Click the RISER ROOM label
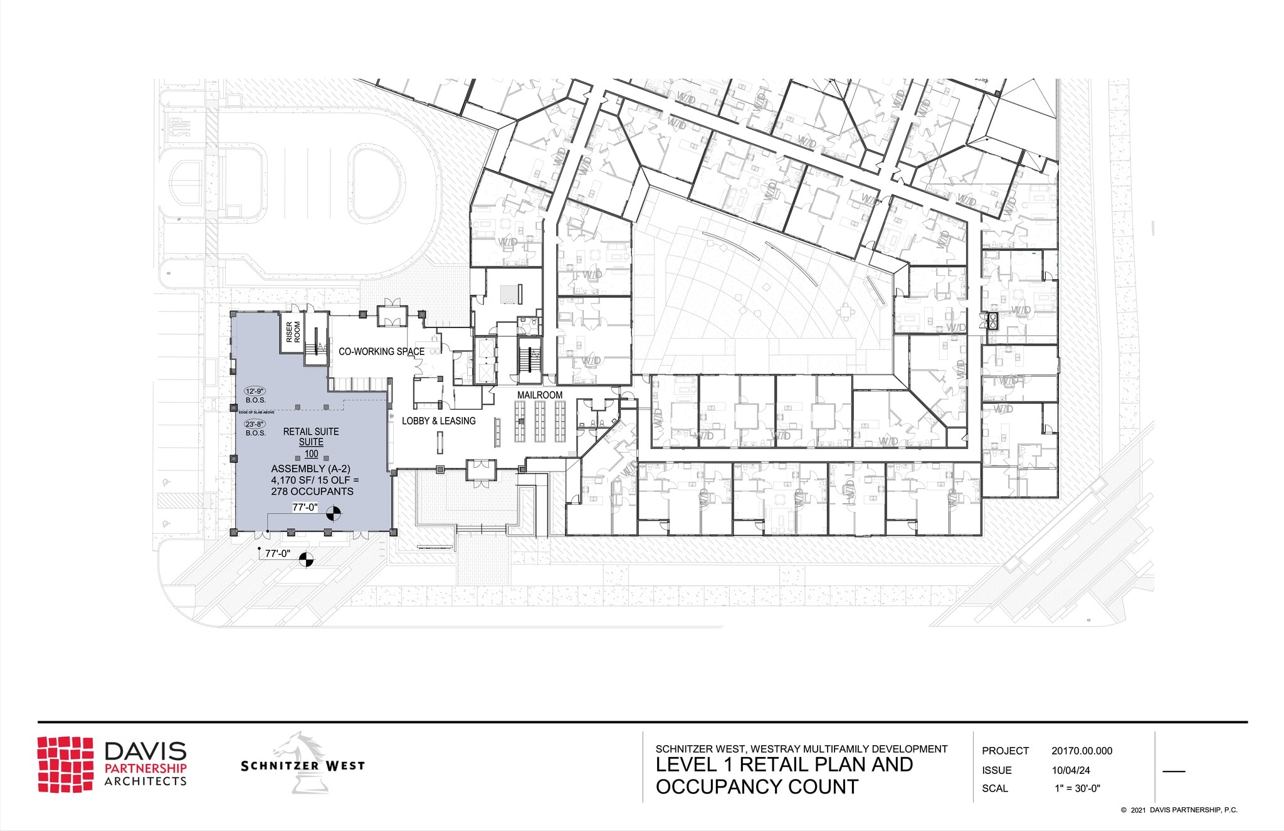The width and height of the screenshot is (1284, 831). [293, 332]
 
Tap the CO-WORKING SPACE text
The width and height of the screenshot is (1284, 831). [381, 351]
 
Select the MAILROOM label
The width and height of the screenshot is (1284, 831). [539, 395]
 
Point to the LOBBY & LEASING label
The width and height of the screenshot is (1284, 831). [438, 421]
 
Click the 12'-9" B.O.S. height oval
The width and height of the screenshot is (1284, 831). [255, 391]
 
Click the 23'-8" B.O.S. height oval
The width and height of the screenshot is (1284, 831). [255, 425]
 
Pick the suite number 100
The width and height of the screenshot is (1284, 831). [311, 453]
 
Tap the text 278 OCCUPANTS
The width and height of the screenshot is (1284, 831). [312, 492]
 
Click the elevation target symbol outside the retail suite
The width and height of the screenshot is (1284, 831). [306, 559]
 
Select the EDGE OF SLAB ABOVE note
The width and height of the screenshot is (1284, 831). [256, 412]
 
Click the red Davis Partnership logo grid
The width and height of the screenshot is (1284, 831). [65, 764]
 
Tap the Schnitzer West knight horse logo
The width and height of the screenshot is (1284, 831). [307, 762]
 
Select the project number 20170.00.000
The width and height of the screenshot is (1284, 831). [1081, 751]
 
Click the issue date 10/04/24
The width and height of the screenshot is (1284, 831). [1071, 770]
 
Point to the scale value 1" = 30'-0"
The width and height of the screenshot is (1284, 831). [1077, 788]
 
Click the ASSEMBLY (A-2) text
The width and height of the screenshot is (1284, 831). [310, 468]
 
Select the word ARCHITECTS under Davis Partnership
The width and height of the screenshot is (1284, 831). [145, 781]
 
